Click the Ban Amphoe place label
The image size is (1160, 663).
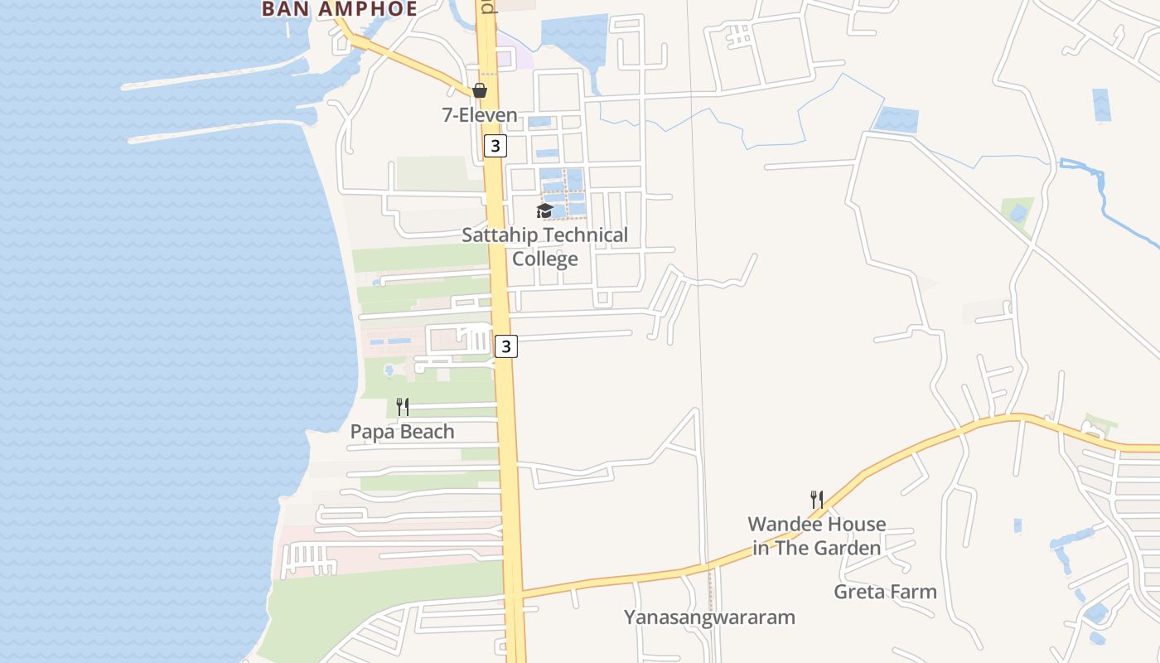coord(339,8)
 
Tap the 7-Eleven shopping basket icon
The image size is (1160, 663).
coord(480,90)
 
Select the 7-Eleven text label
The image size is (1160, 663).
coord(480,115)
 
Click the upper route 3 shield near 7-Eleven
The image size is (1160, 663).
coord(495,146)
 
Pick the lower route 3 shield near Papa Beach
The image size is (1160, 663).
coord(506,346)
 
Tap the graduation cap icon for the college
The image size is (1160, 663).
coord(544,211)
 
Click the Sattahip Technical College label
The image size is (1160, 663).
coord(544,247)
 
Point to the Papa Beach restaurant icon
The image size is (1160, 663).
coord(403,406)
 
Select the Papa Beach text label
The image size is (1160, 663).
coord(403,432)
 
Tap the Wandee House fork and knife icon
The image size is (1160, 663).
coord(817,499)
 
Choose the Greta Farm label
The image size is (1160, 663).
coord(885,592)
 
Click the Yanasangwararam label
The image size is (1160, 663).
coord(709,617)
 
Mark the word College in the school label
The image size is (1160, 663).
coord(544,259)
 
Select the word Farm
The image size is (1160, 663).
coord(914,592)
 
